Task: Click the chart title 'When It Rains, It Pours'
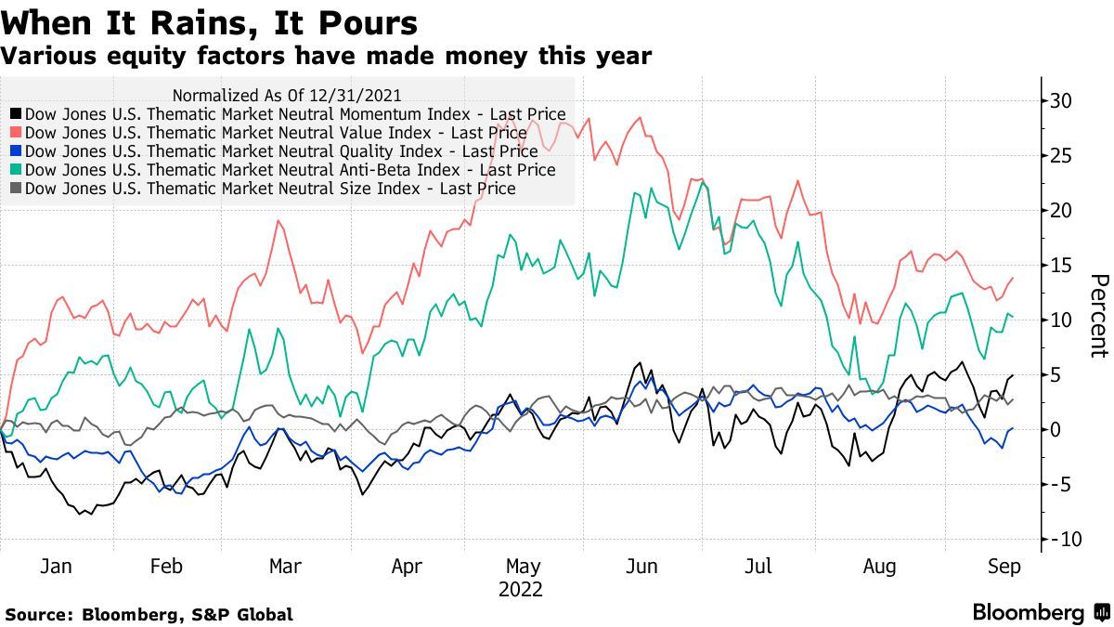(x=209, y=22)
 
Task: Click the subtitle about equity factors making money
(x=326, y=57)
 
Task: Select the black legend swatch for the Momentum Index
(x=17, y=115)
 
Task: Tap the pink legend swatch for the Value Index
(x=17, y=134)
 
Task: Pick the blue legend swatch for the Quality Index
(x=17, y=152)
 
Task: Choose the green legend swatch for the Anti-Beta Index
(x=17, y=170)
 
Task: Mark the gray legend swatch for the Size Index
(x=17, y=189)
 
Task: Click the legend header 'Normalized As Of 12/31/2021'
(x=287, y=95)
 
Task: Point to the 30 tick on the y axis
(x=1062, y=100)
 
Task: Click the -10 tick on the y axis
(x=1058, y=540)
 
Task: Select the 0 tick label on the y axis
(x=1056, y=430)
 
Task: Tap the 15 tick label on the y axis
(x=1062, y=265)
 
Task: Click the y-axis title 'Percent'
(x=1098, y=316)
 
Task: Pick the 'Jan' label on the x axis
(x=57, y=567)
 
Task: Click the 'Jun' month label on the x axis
(x=642, y=567)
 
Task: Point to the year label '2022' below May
(x=520, y=590)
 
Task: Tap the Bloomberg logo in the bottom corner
(x=1028, y=612)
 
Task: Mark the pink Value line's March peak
(x=278, y=220)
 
